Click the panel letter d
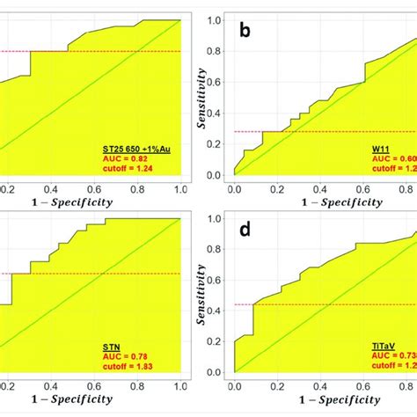tap(245, 232)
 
